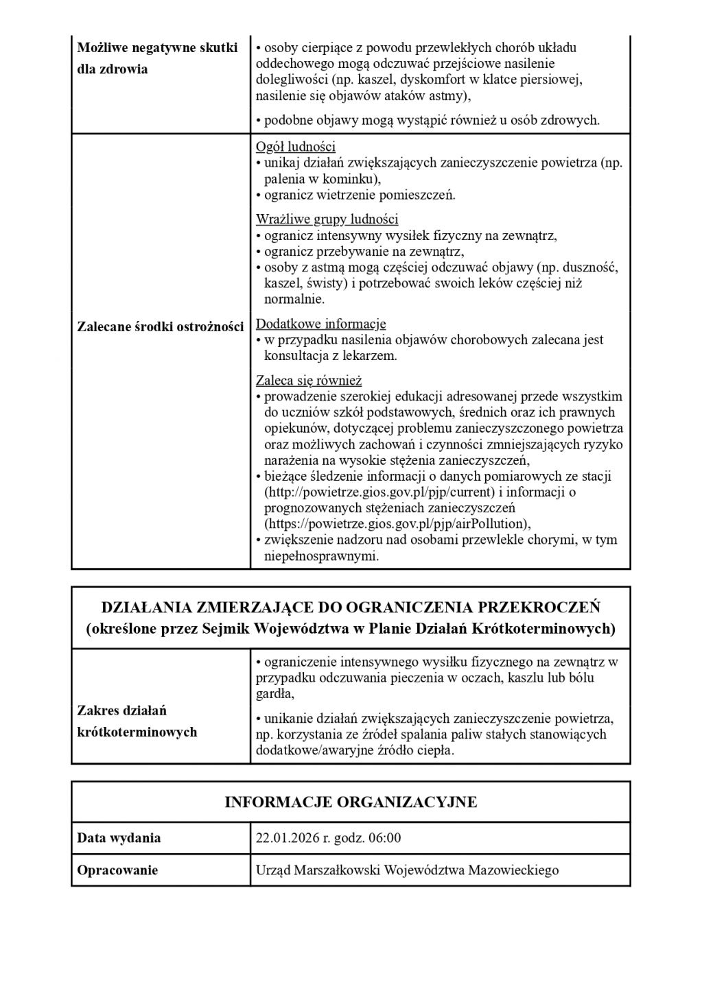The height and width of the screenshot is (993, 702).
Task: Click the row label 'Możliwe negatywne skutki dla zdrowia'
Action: [x=157, y=58]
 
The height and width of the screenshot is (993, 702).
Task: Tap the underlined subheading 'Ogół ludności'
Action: [x=295, y=147]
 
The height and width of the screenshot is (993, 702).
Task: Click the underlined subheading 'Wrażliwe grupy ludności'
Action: [x=327, y=219]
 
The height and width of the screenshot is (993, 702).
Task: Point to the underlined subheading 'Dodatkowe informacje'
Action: [x=320, y=324]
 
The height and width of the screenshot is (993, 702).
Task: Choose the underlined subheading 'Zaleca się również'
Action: [x=308, y=380]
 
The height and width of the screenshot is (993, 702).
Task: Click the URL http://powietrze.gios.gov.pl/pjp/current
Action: [x=379, y=492]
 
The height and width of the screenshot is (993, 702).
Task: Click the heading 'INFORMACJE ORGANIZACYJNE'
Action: [x=351, y=802]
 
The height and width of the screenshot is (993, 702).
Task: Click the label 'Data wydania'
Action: [x=119, y=838]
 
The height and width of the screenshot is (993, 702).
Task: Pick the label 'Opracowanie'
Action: [x=117, y=870]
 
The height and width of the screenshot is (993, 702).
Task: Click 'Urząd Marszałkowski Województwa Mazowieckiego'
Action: [x=407, y=870]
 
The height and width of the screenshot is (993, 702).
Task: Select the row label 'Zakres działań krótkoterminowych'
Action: [x=137, y=721]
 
